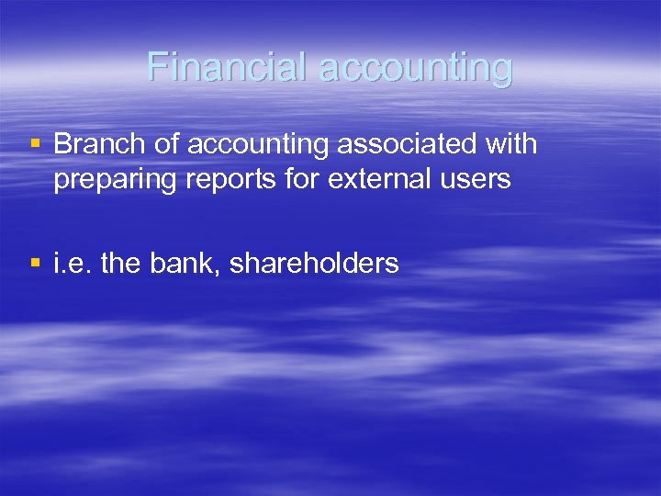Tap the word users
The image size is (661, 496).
(476, 178)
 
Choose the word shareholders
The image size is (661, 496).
(314, 264)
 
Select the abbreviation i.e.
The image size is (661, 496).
(73, 264)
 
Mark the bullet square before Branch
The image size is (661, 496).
(35, 144)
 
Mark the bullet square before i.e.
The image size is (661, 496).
(35, 264)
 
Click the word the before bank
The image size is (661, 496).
(123, 264)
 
